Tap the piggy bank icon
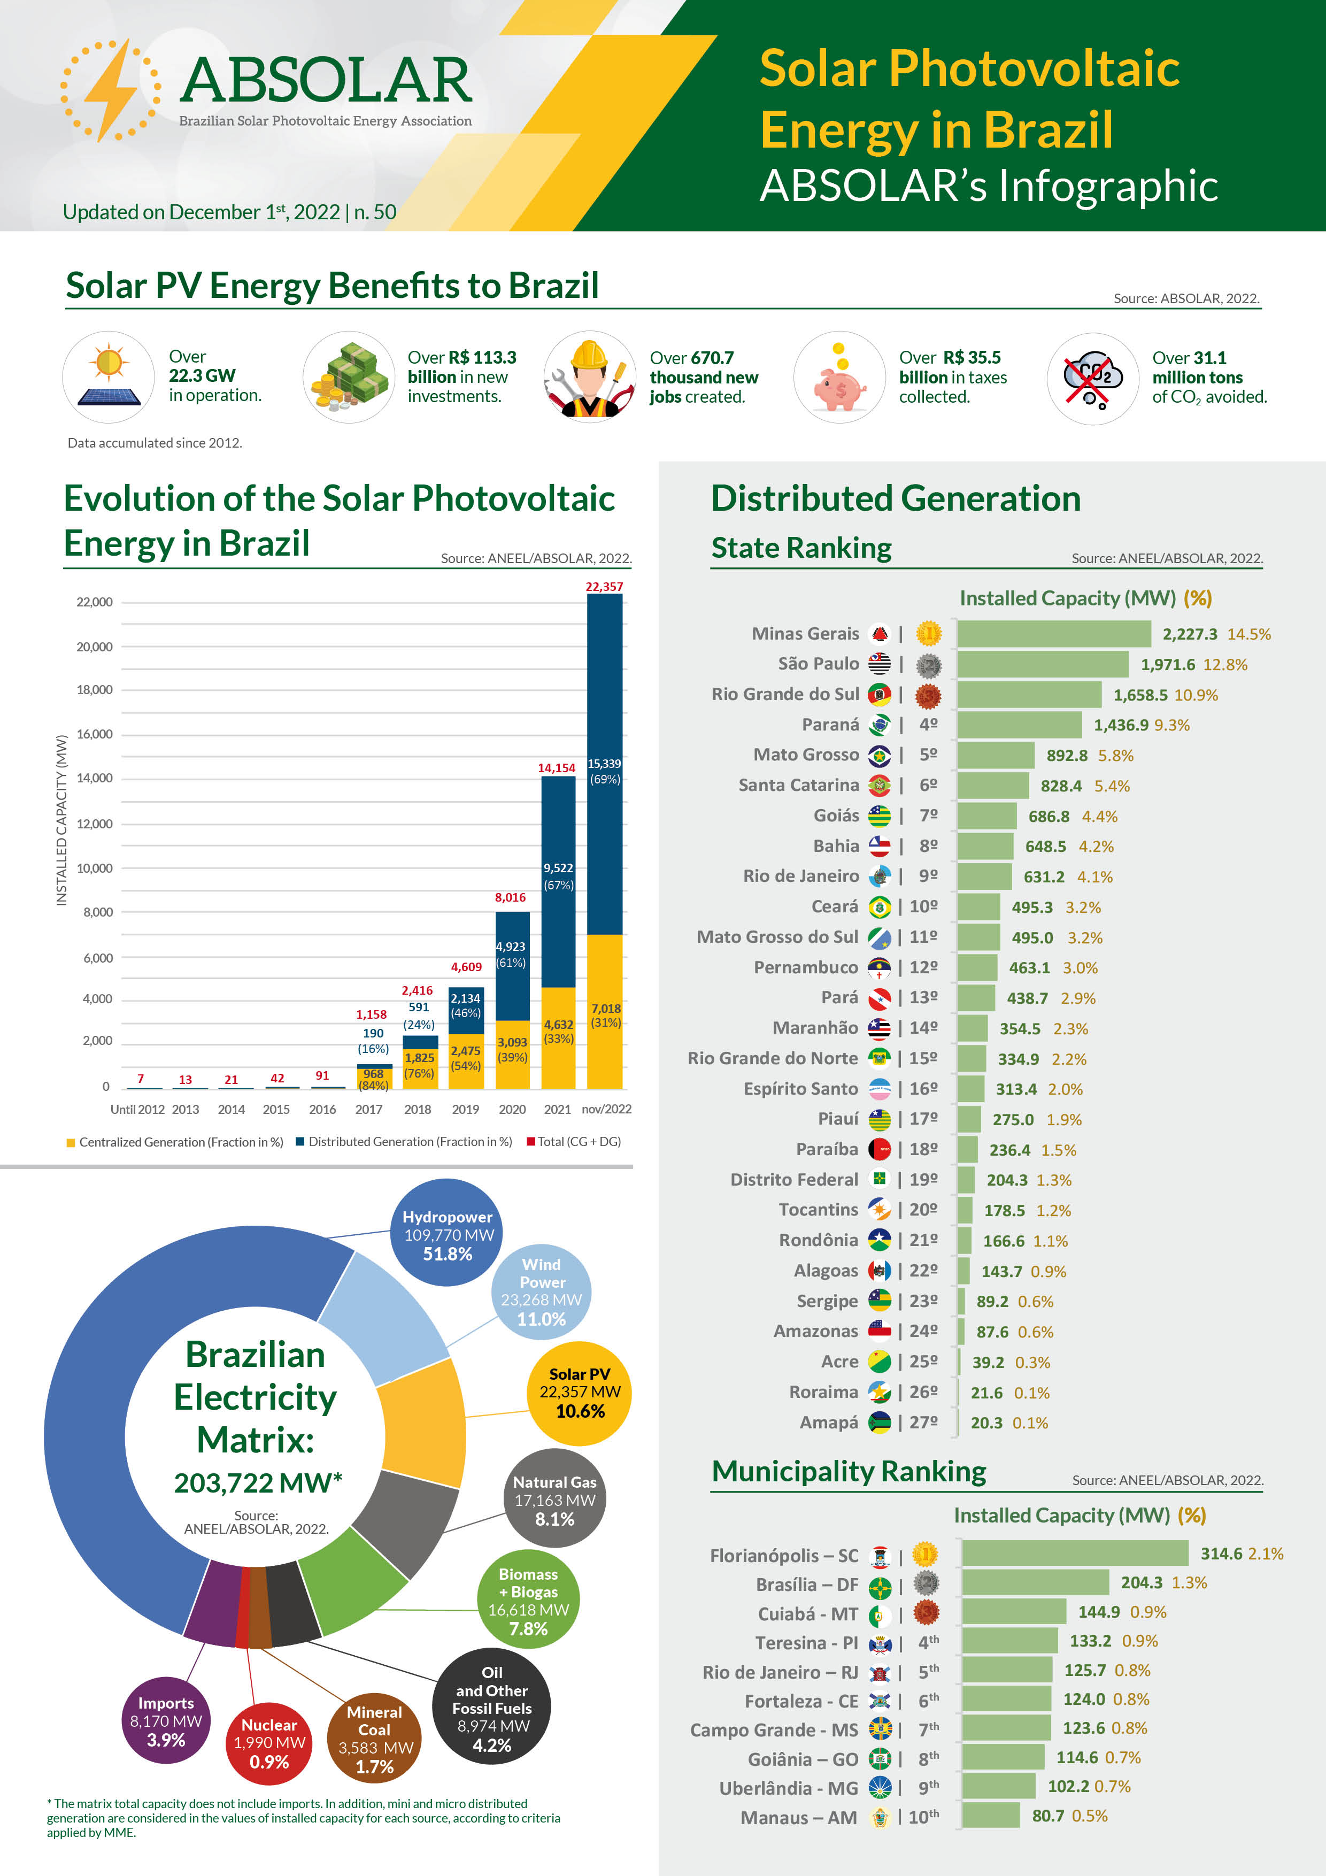[x=840, y=386]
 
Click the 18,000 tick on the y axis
[x=95, y=690]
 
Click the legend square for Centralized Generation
[x=71, y=1142]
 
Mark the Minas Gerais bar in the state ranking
[x=1054, y=634]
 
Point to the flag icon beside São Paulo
[x=879, y=664]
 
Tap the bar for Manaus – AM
[x=990, y=1816]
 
